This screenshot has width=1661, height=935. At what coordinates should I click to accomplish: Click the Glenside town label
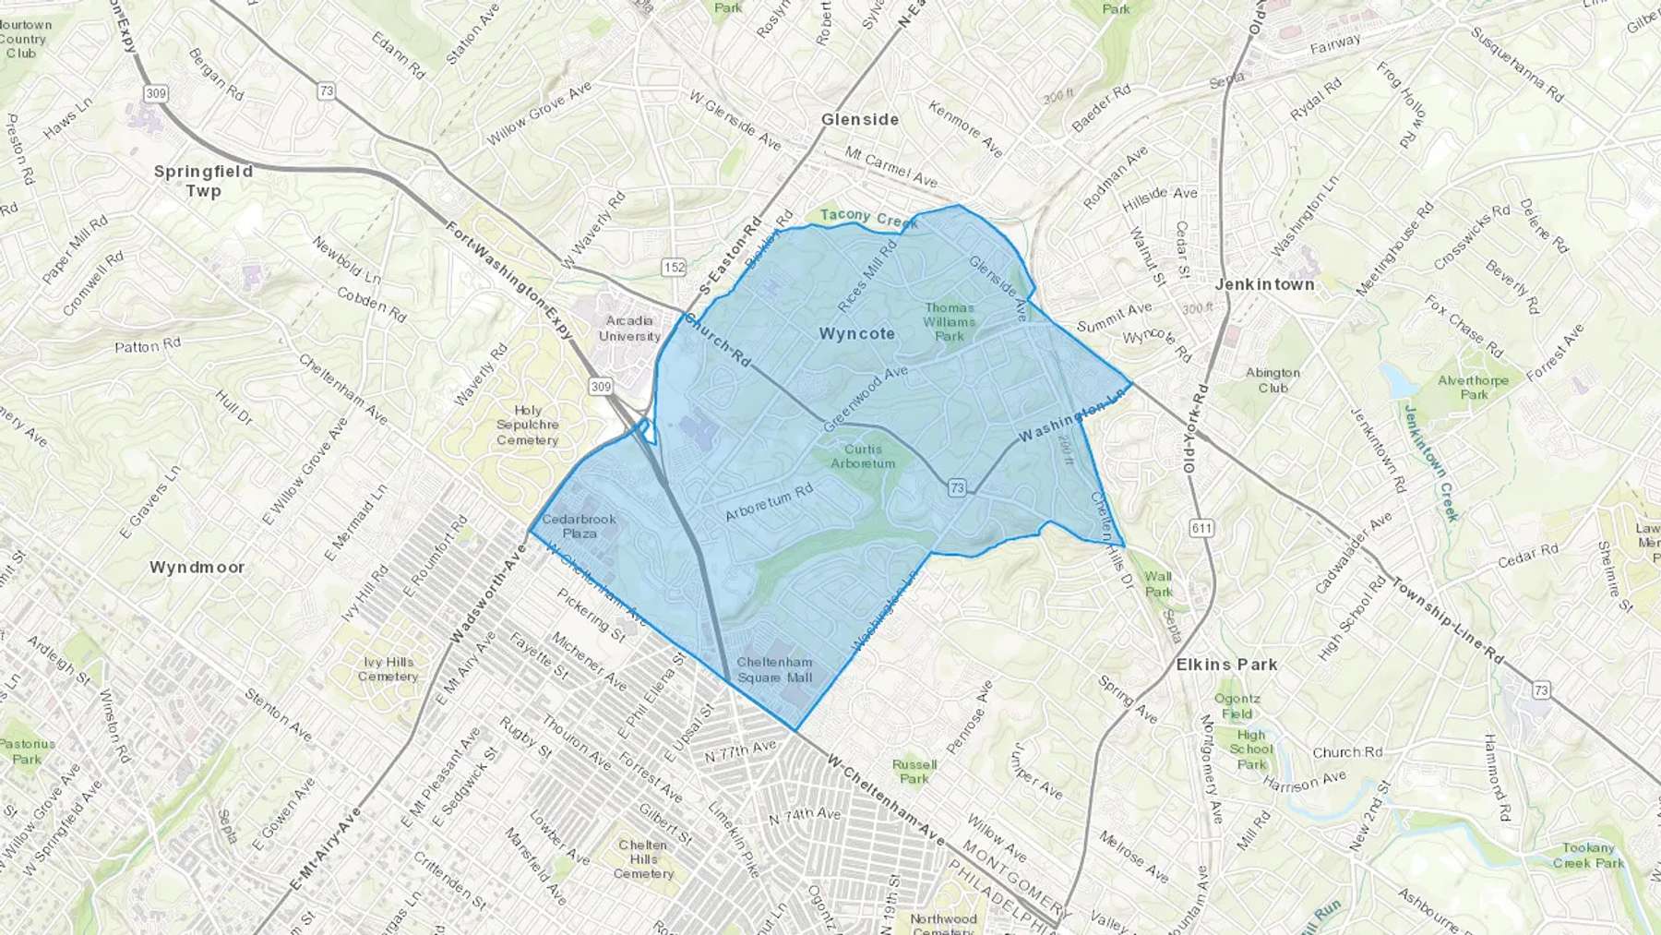[x=859, y=119]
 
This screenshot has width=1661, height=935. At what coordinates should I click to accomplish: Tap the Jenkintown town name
[x=1264, y=284]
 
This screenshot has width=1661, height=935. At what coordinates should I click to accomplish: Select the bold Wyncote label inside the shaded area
[x=856, y=334]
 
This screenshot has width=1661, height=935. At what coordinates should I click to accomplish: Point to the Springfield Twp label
[x=203, y=181]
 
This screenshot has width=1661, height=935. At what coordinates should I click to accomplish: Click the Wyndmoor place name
[x=197, y=567]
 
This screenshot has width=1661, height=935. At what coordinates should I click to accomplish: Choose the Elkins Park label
[x=1226, y=665]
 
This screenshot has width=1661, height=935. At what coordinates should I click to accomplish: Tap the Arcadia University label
[x=629, y=329]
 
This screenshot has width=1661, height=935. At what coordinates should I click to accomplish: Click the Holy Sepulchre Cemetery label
[x=528, y=426]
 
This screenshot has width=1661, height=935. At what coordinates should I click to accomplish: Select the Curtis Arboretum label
[x=863, y=456]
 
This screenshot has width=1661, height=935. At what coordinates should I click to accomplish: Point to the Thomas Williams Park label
[x=950, y=322]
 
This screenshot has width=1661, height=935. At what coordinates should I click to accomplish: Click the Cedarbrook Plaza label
[x=580, y=526]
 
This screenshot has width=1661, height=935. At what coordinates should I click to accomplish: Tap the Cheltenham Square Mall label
[x=774, y=669]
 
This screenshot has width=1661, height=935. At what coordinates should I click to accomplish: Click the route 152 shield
[x=675, y=268]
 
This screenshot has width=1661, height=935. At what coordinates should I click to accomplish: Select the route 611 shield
[x=1201, y=528]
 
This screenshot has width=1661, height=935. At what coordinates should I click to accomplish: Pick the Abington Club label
[x=1273, y=380]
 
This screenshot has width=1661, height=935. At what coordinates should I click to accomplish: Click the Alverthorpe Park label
[x=1474, y=387]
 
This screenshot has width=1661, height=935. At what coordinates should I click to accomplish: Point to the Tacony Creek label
[x=868, y=218]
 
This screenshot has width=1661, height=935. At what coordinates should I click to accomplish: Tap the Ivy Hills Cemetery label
[x=388, y=669]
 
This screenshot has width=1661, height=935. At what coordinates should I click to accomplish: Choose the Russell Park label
[x=914, y=771]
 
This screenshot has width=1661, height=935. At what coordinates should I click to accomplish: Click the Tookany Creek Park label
[x=1588, y=856]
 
